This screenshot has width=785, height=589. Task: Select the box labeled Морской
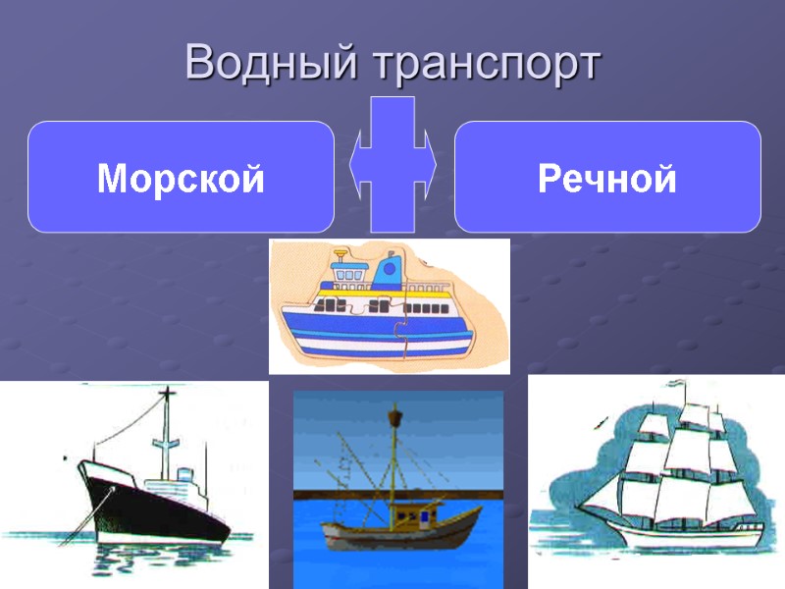(x=181, y=178)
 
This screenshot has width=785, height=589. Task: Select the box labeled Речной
(x=607, y=178)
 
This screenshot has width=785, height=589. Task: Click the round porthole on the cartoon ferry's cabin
(x=390, y=266)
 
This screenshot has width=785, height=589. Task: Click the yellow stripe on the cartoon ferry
(x=392, y=294)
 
